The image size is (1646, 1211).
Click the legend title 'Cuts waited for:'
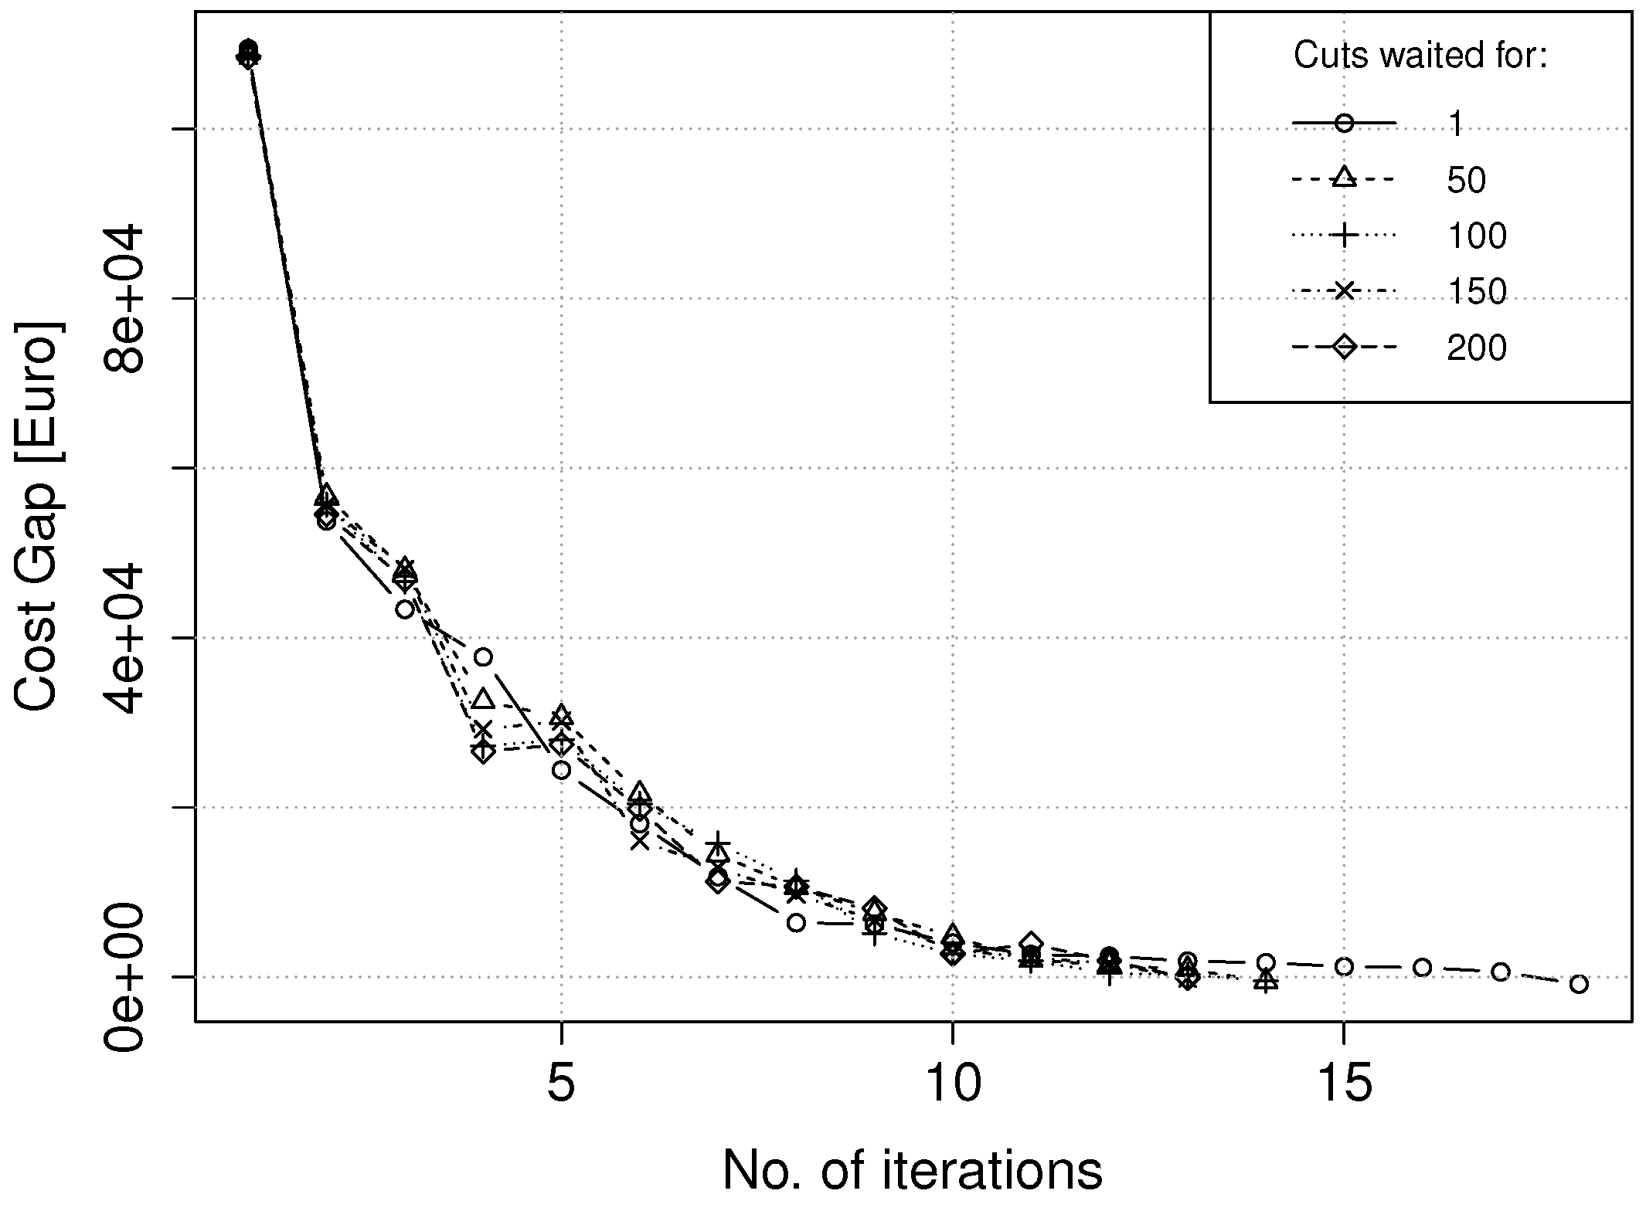click(1420, 56)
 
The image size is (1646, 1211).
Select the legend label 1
click(1456, 124)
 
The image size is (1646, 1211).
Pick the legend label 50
click(1466, 180)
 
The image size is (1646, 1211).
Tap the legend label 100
click(1477, 236)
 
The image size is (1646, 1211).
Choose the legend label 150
click(1477, 292)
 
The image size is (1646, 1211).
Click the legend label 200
click(1477, 348)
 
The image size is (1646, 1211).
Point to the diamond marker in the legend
click(1344, 348)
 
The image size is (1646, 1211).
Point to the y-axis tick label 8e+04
click(124, 299)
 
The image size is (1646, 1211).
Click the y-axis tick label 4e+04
click(124, 638)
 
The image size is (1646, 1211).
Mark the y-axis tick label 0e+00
click(124, 977)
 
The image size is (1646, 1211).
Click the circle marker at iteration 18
click(1579, 984)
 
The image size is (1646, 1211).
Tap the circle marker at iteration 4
click(484, 657)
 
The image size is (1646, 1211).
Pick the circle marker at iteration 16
click(1423, 968)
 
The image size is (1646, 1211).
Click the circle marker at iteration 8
click(797, 922)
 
